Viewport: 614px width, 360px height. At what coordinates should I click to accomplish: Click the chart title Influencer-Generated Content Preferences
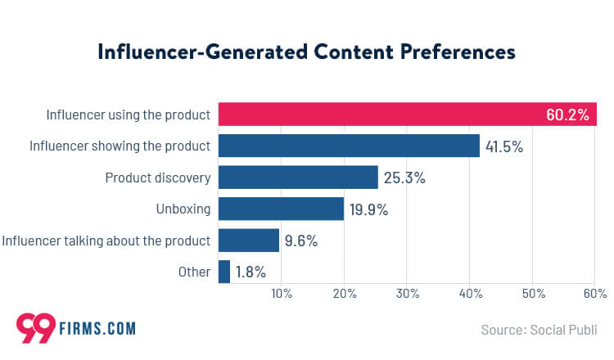point(306,52)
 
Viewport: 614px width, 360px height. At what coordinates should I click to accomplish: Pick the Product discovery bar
point(298,178)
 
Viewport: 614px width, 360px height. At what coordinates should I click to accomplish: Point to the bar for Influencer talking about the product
point(249,241)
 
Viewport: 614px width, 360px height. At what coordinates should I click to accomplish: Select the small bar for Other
point(224,272)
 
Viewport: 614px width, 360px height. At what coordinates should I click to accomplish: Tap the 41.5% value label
point(503,147)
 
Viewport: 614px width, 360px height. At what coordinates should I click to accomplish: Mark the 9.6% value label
point(300,241)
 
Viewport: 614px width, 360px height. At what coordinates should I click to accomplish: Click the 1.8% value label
point(251,272)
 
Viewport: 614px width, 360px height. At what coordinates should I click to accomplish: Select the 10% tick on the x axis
point(281,294)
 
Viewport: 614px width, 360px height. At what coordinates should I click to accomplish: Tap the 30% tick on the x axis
point(407,294)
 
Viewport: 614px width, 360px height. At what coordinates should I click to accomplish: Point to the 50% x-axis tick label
point(533,294)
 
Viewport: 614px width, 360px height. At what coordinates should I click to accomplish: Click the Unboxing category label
point(183,209)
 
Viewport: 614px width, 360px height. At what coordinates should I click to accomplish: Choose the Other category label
point(196,272)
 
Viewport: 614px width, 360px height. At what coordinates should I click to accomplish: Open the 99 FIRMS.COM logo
point(75,328)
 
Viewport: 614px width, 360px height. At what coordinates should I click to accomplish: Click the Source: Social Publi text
point(539,331)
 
